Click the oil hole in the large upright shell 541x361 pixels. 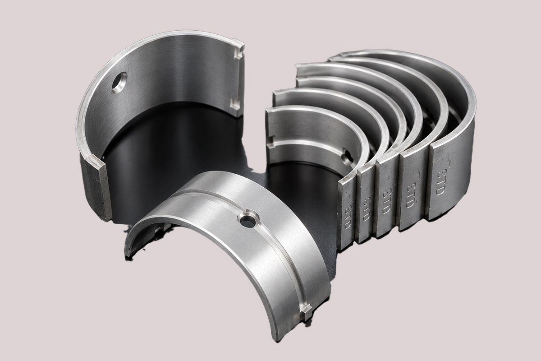click(x=119, y=83)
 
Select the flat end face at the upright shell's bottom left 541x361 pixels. click(x=96, y=187)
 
